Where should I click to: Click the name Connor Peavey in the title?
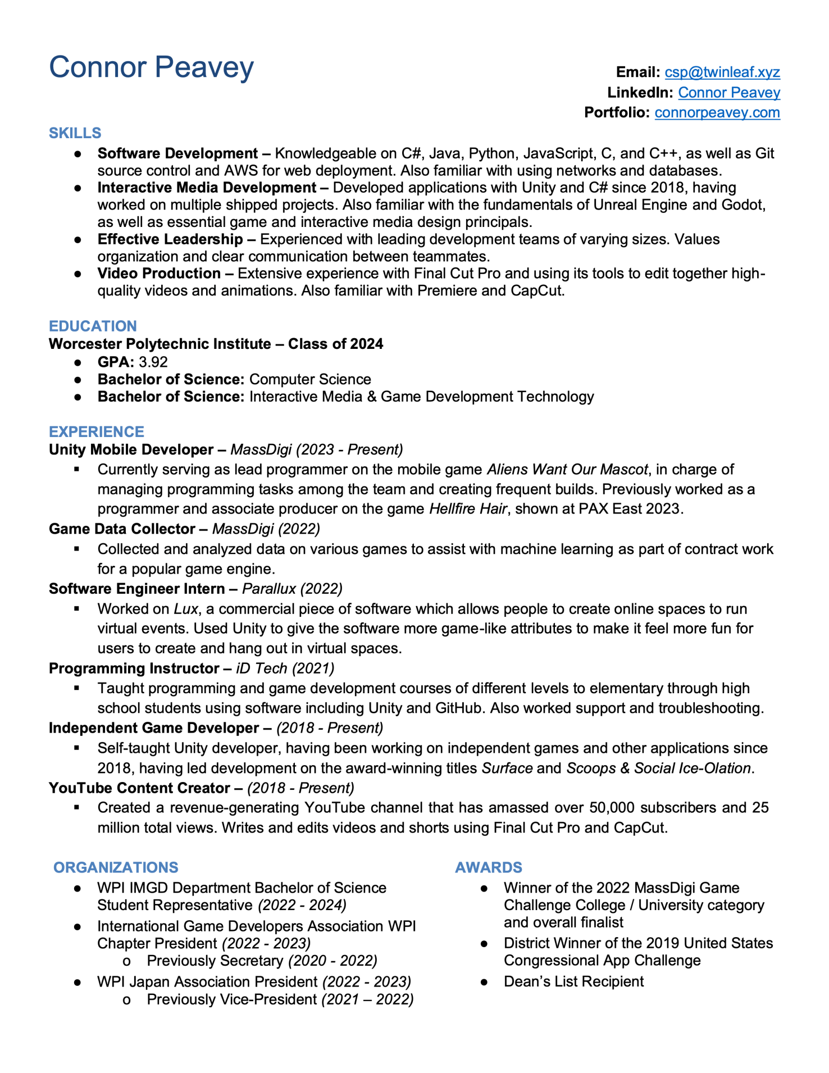tap(151, 67)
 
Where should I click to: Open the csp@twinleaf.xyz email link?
tap(722, 72)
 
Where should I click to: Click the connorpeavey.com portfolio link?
tap(717, 113)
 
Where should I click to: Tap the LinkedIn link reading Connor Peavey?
tap(728, 93)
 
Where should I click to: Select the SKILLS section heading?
tap(75, 133)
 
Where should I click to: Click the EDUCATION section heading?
tap(93, 326)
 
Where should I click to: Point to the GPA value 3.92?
tap(153, 362)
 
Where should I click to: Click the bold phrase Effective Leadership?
tap(170, 239)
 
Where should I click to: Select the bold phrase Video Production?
tap(159, 274)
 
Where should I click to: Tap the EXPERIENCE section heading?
tap(96, 432)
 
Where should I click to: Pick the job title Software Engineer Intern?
tap(136, 589)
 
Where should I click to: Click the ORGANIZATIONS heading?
tap(116, 868)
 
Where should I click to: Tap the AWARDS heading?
tap(488, 868)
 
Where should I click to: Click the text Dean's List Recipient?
tap(573, 982)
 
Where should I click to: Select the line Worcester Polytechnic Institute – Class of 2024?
tap(216, 344)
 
